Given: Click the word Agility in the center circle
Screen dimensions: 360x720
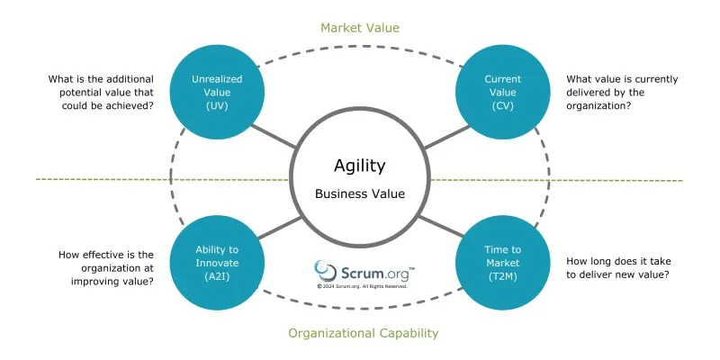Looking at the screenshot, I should [x=359, y=166].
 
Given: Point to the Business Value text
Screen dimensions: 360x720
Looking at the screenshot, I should [x=359, y=193].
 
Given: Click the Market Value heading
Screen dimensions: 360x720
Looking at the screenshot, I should [x=359, y=28].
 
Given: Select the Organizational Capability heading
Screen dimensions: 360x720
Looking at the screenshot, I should [x=363, y=333].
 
